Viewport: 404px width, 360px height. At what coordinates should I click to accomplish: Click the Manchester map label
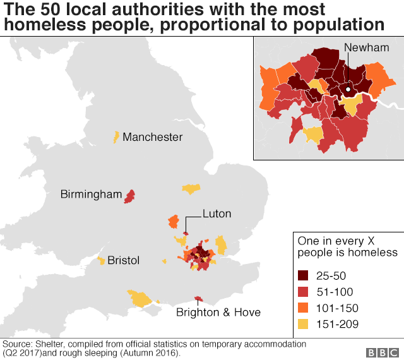tap(152, 137)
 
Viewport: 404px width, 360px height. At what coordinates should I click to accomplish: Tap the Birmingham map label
tap(91, 195)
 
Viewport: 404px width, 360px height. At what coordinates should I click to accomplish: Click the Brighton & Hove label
tap(218, 312)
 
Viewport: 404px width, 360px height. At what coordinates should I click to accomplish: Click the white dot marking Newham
tap(347, 90)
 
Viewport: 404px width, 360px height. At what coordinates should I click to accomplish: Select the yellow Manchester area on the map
tap(116, 136)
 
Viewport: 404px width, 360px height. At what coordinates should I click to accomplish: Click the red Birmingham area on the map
tap(130, 196)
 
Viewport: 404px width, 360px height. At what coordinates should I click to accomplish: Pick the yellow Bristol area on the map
tap(101, 261)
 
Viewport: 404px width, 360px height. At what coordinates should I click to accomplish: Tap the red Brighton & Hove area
tap(199, 298)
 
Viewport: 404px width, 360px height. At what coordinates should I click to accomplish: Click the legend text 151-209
tap(338, 325)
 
